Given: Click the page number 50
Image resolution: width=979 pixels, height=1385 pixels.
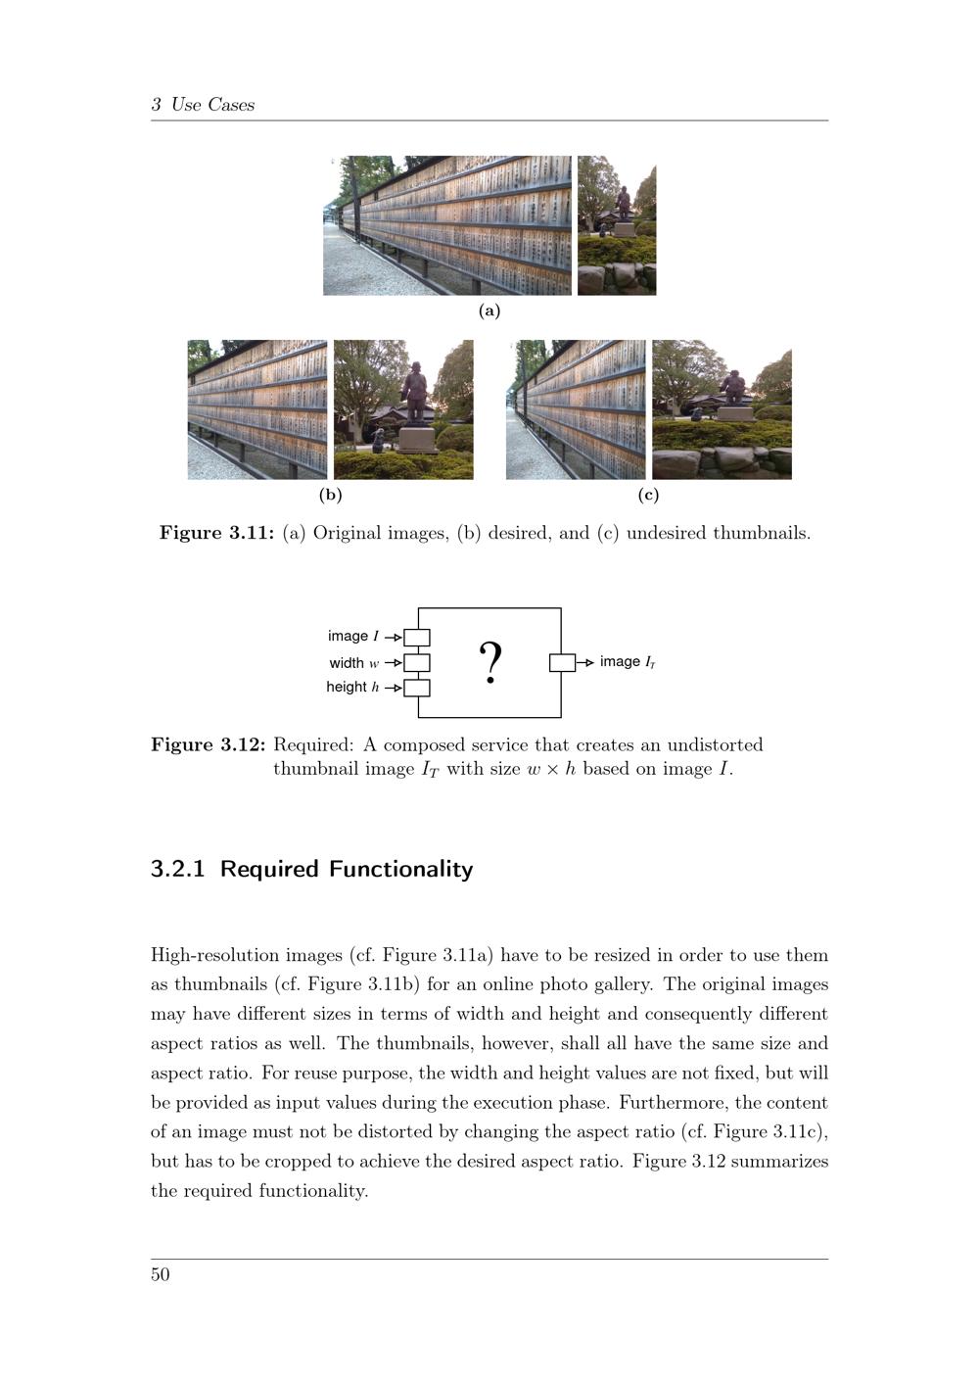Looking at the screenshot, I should point(161,1274).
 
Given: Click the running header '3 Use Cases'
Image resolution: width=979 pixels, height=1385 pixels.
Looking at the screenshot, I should point(203,105).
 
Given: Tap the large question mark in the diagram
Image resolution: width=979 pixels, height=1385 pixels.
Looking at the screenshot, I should point(490,662).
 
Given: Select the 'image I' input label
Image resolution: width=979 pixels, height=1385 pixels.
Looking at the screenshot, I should point(353,637).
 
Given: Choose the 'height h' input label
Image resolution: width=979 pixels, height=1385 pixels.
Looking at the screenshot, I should point(353,688).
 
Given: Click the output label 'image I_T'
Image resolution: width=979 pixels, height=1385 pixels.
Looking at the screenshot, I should point(628,662).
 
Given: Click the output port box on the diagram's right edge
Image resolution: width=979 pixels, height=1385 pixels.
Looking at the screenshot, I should point(562,662).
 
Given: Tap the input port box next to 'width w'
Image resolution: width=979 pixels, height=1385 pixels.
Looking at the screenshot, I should point(417,663).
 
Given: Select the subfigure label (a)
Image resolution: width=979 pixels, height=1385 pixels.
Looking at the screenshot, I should point(489,310).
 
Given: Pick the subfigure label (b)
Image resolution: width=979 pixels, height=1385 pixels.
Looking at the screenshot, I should point(331,495).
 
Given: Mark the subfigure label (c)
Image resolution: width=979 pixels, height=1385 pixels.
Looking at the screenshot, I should point(648,495).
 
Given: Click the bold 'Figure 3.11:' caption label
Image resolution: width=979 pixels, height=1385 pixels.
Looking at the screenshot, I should point(216,534).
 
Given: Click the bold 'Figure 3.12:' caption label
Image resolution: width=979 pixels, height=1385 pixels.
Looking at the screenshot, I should point(208,744).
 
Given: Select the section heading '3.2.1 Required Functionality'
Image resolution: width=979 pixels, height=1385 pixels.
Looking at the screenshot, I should point(312,869).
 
